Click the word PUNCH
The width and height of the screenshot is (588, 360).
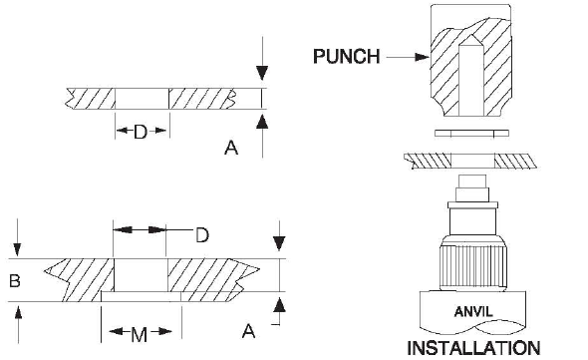tap(347, 57)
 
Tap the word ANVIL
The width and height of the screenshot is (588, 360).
tap(473, 311)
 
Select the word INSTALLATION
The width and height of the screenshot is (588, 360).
tap(473, 348)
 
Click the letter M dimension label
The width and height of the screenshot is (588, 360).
tap(140, 334)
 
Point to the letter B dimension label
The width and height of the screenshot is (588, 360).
tap(15, 281)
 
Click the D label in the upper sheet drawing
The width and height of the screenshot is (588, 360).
tap(141, 133)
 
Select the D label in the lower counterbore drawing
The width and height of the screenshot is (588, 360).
tap(202, 235)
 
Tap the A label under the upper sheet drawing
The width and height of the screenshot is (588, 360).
tap(231, 148)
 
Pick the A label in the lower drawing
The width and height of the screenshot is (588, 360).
tap(248, 331)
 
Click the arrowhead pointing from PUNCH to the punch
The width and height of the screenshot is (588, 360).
tap(423, 57)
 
